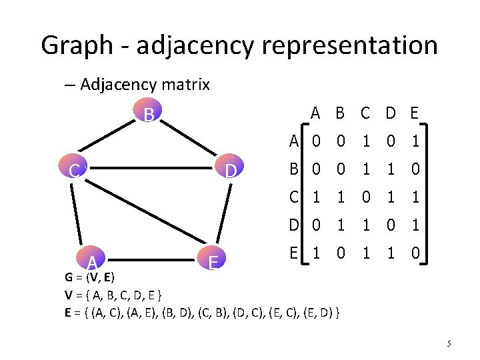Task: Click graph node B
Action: tap(149, 115)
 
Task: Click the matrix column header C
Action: tap(365, 113)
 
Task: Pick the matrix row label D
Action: tap(293, 225)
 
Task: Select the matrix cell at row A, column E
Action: tap(415, 141)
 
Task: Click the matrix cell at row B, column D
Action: tap(390, 169)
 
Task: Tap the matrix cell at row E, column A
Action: tap(317, 253)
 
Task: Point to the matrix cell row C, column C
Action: tap(365, 197)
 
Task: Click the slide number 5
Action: tap(449, 344)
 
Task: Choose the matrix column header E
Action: tap(415, 113)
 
